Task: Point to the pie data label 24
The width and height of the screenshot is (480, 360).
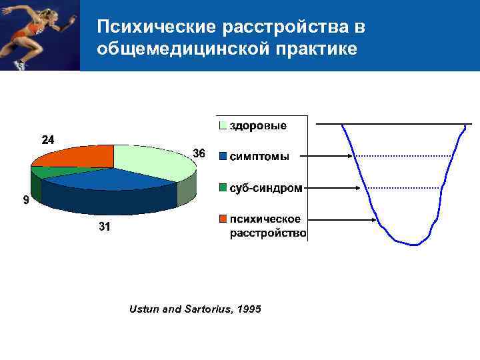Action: point(49,140)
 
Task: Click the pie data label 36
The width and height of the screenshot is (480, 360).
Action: point(199,154)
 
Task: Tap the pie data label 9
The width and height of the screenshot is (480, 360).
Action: point(25,199)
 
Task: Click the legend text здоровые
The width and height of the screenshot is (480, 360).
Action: point(259,125)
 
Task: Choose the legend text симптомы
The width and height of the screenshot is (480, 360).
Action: point(260,157)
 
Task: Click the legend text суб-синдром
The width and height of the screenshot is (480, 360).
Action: point(266,188)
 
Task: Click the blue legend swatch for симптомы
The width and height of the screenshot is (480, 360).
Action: point(223,157)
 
